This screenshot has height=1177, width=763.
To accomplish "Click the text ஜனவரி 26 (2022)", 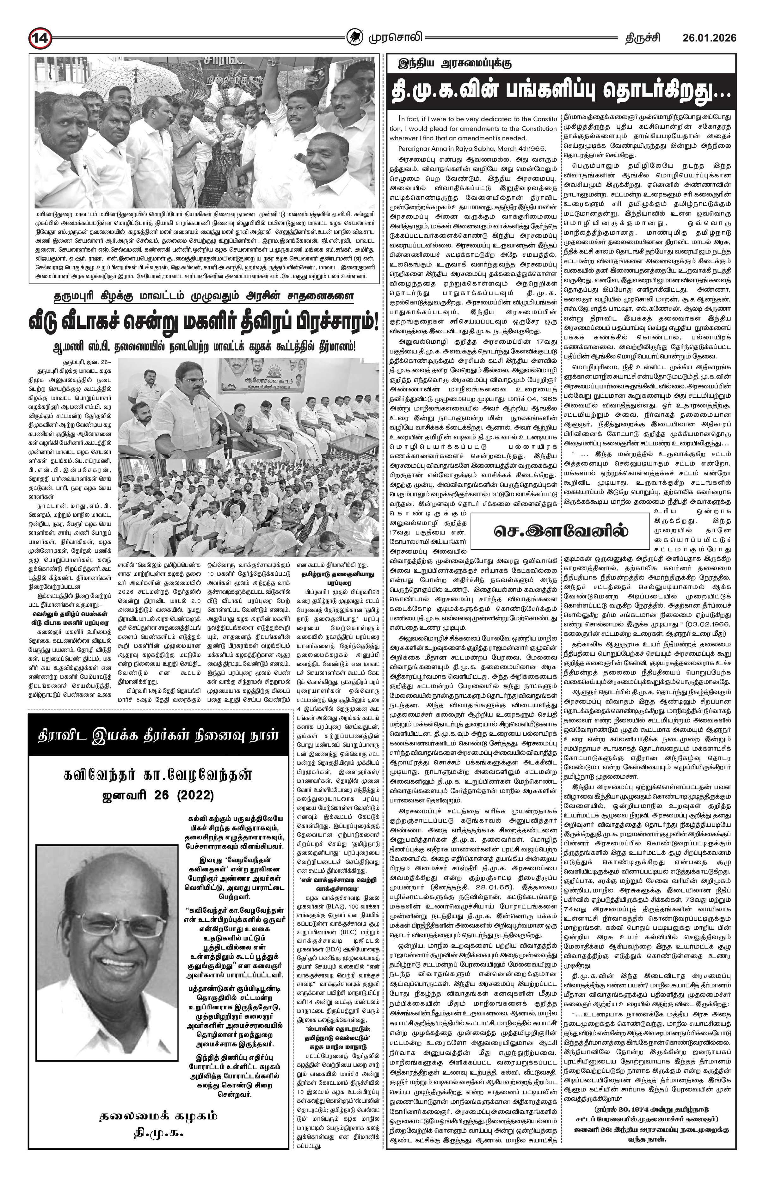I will coord(158,795).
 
